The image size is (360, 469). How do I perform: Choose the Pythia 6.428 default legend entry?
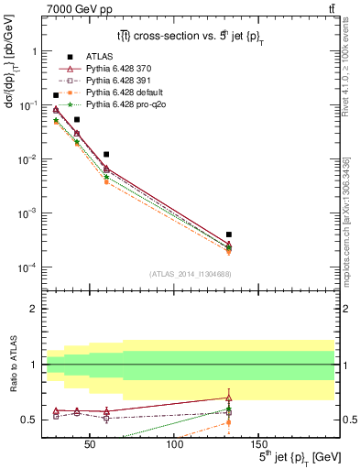pos(112,93)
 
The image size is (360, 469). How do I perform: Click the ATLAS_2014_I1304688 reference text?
pos(189,274)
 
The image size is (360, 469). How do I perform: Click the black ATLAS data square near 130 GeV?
pos(229,234)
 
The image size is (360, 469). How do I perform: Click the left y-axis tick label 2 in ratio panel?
pos(33,309)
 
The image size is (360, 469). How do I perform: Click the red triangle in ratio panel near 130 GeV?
pos(229,397)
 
